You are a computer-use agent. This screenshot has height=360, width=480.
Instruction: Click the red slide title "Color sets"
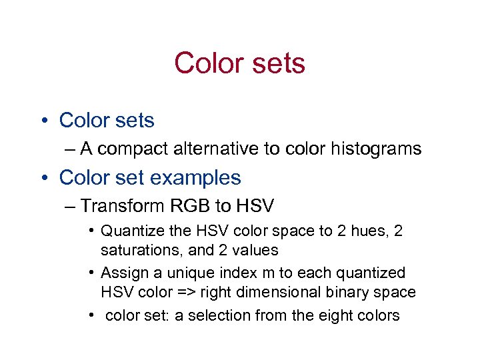239,63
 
